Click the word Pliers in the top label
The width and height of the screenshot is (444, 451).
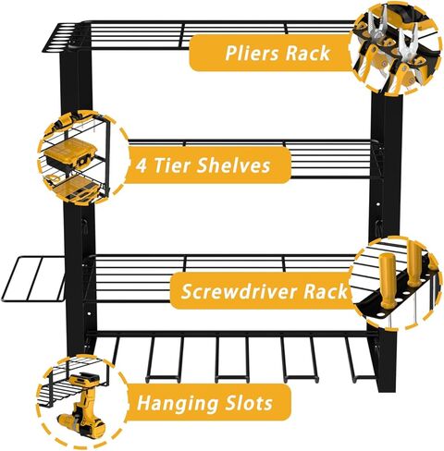click(253, 54)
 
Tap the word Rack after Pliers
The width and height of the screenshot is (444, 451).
click(308, 53)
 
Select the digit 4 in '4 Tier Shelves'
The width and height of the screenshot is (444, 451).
click(142, 165)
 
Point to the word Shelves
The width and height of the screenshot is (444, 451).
click(233, 165)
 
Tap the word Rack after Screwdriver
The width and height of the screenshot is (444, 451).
click(326, 291)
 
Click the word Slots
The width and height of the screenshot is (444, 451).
click(249, 402)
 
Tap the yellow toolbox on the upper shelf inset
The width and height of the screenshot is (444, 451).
click(71, 153)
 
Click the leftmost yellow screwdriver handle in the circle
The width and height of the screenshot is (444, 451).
click(388, 280)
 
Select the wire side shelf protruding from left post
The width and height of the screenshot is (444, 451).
click(33, 279)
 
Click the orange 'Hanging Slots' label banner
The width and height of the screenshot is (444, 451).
click(207, 402)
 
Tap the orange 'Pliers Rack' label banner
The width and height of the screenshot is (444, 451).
click(271, 53)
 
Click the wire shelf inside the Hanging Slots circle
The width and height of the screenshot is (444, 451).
click(71, 382)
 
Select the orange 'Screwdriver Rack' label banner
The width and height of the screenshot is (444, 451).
click(262, 291)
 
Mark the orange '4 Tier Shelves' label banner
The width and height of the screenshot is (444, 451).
click(207, 165)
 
